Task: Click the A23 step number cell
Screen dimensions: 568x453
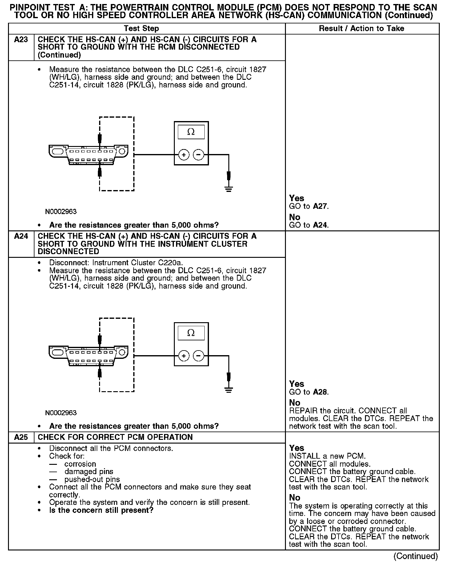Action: (21, 40)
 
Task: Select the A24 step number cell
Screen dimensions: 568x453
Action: (21, 236)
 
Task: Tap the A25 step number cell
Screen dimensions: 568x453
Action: (21, 437)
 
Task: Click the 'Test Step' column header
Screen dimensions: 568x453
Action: (141, 29)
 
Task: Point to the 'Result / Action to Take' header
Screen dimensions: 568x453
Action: (361, 29)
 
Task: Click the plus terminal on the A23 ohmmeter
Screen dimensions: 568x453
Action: (184, 155)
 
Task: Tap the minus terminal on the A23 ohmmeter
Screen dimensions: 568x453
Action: (198, 155)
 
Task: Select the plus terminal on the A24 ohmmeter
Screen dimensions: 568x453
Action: (184, 356)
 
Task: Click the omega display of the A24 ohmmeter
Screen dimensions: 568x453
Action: (191, 333)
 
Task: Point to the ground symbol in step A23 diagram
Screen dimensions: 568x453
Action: (228, 189)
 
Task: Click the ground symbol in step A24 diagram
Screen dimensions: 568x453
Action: (228, 390)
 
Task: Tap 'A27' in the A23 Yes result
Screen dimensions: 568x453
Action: (320, 206)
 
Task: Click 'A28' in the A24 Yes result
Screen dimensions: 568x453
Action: (320, 392)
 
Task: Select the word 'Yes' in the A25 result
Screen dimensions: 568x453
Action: (297, 448)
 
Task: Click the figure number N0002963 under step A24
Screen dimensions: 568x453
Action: (61, 413)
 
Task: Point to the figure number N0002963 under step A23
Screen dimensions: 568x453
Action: (61, 212)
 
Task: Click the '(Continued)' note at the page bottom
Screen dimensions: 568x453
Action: (415, 556)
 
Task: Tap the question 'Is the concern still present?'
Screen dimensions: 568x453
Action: (101, 510)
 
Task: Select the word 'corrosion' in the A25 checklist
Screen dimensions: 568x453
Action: (80, 464)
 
